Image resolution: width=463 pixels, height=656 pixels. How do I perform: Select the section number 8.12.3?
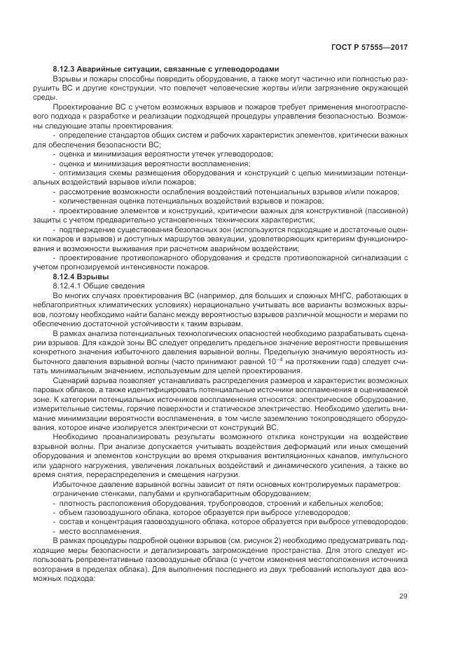coord(67,69)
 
